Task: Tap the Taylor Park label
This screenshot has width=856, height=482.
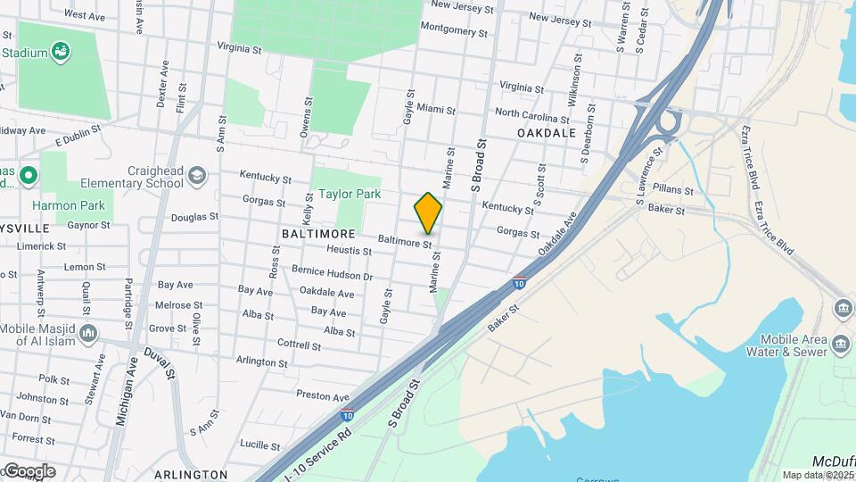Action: pyautogui.click(x=350, y=194)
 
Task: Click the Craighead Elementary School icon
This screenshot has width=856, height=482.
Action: pyautogui.click(x=197, y=175)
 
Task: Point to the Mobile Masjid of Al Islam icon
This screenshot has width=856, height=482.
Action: pyautogui.click(x=87, y=334)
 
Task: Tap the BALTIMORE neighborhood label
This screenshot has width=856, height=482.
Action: pyautogui.click(x=312, y=232)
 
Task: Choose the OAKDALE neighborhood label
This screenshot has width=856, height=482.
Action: pyautogui.click(x=546, y=132)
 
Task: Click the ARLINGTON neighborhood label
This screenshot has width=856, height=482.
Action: pyautogui.click(x=190, y=474)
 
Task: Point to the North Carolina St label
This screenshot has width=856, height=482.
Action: pyautogui.click(x=532, y=115)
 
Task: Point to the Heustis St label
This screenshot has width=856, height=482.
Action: pyautogui.click(x=350, y=252)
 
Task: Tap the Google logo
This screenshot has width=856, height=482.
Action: pyautogui.click(x=29, y=470)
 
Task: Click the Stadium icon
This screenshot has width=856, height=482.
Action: pyautogui.click(x=61, y=52)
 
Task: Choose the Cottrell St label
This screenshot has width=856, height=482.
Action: pyautogui.click(x=298, y=344)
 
